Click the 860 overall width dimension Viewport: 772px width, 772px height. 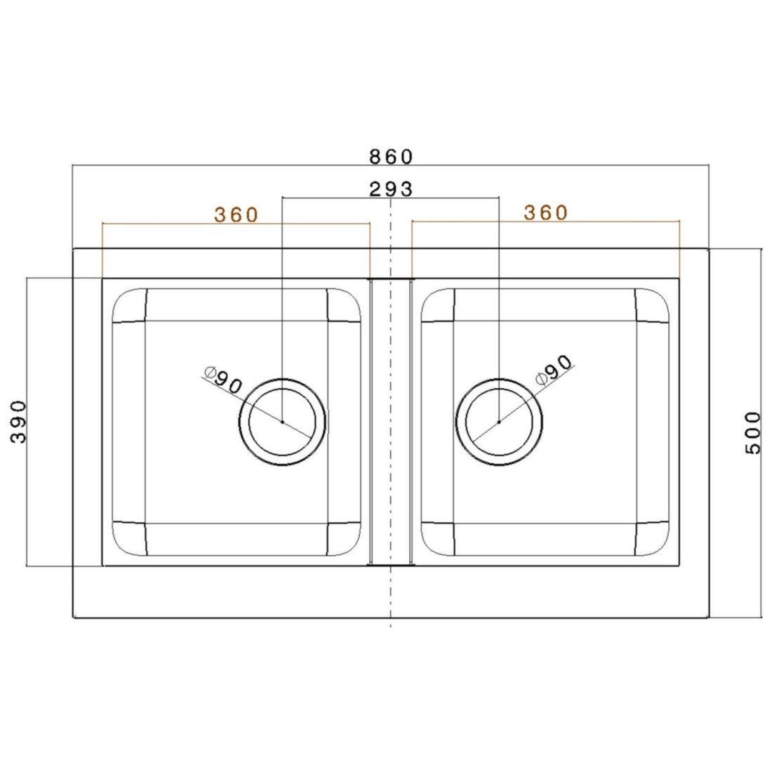tap(391, 156)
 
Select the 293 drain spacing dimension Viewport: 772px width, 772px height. tap(390, 188)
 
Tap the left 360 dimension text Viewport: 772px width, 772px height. tap(237, 214)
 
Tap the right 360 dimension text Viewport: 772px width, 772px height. tap(545, 212)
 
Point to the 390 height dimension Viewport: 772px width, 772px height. tap(19, 422)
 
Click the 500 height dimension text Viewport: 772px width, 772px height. tap(752, 433)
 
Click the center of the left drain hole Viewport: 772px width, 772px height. tap(282, 422)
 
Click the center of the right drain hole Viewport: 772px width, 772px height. tap(498, 422)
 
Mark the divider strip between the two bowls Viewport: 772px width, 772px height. tap(390, 421)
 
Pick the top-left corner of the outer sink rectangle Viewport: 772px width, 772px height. tap(74, 248)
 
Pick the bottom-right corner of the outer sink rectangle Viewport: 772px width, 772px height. tap(708, 618)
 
